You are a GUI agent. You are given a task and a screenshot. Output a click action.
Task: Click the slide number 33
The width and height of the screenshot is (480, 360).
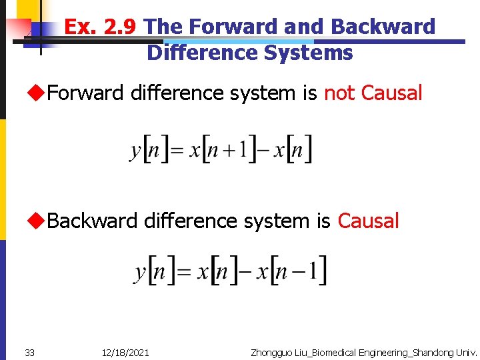(x=29, y=352)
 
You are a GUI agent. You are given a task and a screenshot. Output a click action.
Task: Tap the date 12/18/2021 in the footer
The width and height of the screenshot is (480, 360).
(x=125, y=352)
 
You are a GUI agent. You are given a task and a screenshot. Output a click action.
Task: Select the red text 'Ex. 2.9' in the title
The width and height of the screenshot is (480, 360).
(x=101, y=27)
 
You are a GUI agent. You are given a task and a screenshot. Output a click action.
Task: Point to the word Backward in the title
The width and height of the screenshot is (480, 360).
(x=382, y=27)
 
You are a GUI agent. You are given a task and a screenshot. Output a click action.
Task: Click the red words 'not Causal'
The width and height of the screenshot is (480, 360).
(x=373, y=93)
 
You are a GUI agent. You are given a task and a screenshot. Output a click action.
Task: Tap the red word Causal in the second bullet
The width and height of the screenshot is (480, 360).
(x=368, y=221)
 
